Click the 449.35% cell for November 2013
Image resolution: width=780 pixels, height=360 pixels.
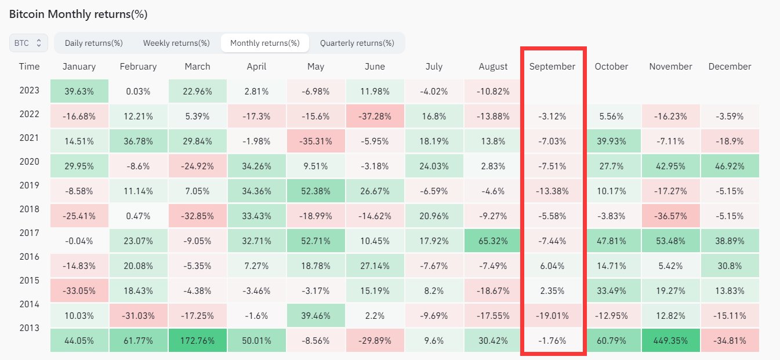[670, 340]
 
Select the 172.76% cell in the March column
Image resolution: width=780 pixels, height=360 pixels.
[197, 340]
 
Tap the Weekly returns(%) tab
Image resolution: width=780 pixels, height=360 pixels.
[176, 43]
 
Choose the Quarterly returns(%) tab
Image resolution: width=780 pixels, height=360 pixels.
[357, 43]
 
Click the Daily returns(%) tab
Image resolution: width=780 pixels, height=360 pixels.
[93, 43]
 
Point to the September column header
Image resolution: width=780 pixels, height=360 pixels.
[552, 67]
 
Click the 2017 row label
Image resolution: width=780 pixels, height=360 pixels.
[29, 232]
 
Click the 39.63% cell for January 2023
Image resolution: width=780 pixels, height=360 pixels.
[79, 91]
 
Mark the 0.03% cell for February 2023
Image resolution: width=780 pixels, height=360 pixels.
[138, 91]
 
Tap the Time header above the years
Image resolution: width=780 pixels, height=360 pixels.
[29, 67]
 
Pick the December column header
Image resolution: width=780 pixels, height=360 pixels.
[730, 67]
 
